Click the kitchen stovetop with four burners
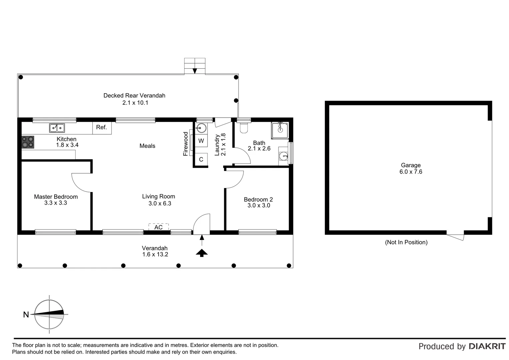(x=28, y=142)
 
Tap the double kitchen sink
(x=57, y=128)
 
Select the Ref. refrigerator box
(x=102, y=127)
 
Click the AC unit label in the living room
(x=159, y=227)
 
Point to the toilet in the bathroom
(x=244, y=128)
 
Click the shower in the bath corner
(x=280, y=130)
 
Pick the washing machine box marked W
(x=201, y=141)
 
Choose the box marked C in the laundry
(x=201, y=160)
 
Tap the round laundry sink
(x=201, y=127)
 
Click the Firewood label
(x=186, y=144)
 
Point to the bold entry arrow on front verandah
(x=202, y=253)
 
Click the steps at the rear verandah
(x=195, y=66)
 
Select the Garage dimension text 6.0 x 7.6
(x=411, y=172)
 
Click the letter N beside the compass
(x=26, y=314)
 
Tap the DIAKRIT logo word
(x=487, y=346)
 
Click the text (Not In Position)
(x=406, y=242)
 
